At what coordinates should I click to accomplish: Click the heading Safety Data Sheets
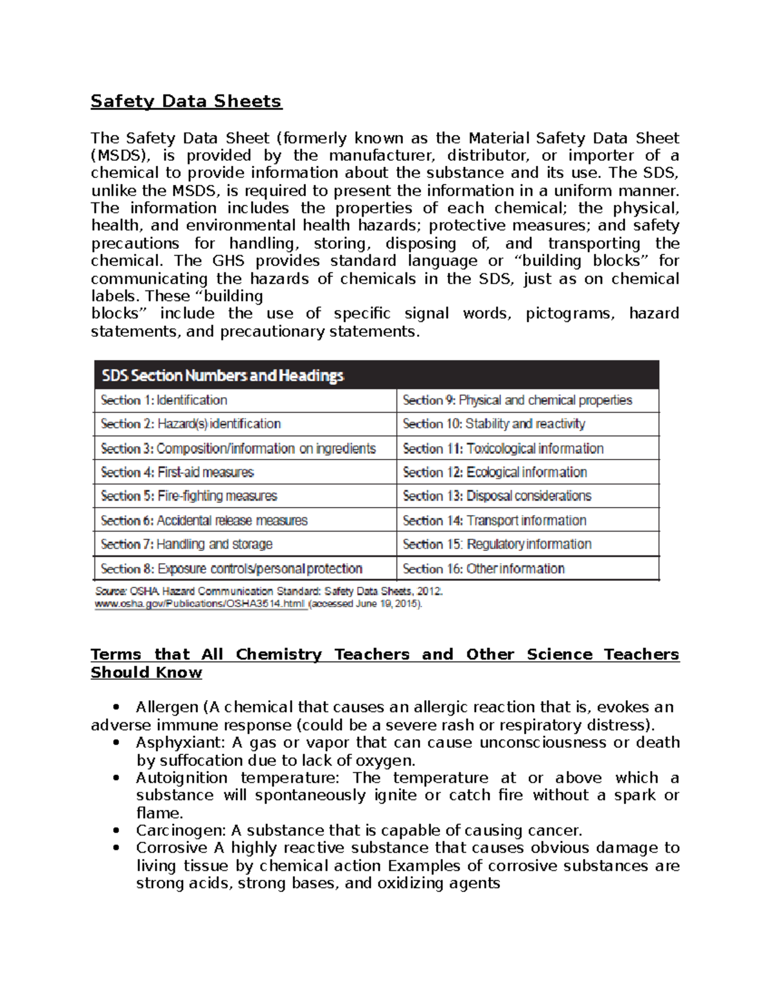186,102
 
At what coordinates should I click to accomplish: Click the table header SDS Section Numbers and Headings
223,375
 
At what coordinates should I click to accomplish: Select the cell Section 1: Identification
164,400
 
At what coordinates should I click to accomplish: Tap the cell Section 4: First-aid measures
177,472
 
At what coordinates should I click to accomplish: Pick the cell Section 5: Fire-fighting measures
189,496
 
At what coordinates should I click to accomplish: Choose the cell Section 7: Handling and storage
186,544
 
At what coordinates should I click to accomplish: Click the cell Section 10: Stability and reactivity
493,424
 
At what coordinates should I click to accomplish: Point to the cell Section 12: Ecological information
495,472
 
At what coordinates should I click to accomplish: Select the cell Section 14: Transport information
494,521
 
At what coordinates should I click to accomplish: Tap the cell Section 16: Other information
483,569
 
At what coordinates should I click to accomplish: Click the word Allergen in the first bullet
166,708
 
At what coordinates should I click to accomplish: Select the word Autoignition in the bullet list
181,778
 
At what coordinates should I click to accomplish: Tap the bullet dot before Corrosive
116,848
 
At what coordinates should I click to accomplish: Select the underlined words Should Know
146,673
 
